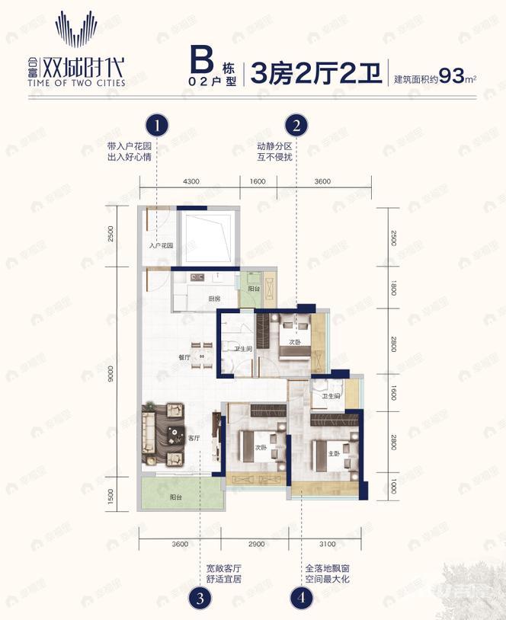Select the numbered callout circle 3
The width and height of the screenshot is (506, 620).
(x=200, y=597)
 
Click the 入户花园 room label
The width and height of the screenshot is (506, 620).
(x=162, y=246)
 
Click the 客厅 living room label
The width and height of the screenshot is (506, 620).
(x=194, y=438)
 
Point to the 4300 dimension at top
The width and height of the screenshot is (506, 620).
(x=191, y=181)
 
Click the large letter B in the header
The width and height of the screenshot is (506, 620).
(x=201, y=59)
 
